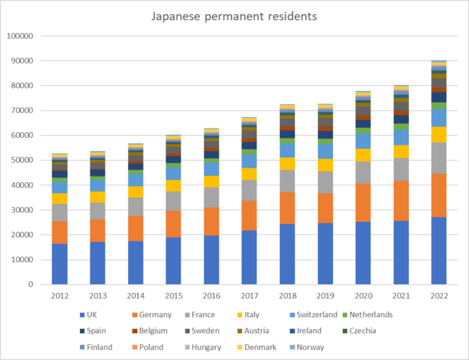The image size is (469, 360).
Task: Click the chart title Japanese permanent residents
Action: point(234,16)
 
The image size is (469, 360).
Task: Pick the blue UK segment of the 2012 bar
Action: point(60,264)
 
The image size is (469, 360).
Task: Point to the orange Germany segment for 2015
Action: point(174,224)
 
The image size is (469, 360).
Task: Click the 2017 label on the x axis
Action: point(250,295)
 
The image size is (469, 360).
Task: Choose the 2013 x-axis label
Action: point(99,295)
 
